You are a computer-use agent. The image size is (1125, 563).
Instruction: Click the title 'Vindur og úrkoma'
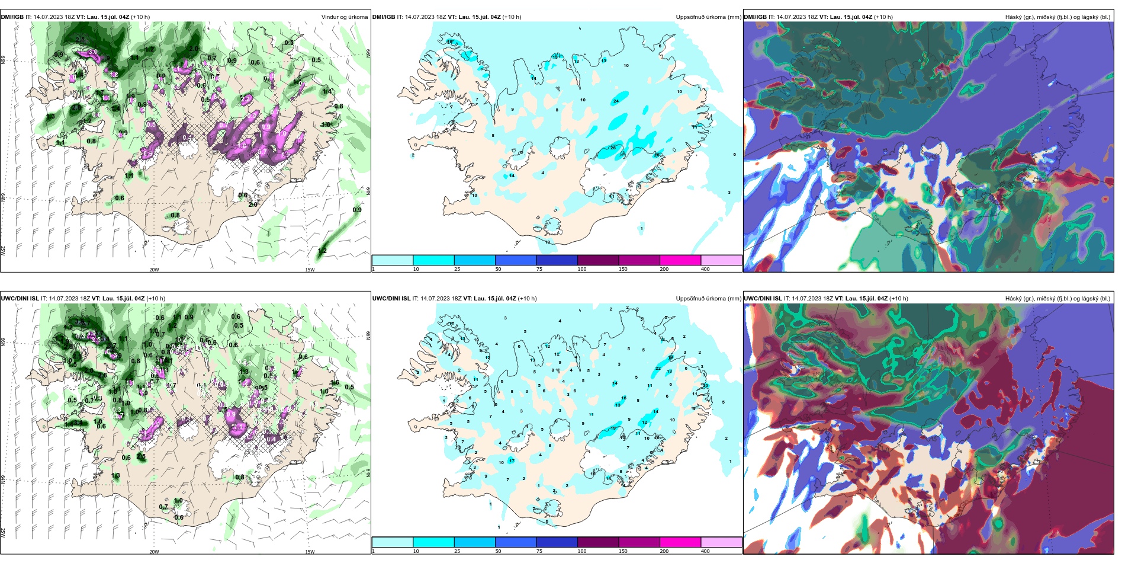tap(344, 17)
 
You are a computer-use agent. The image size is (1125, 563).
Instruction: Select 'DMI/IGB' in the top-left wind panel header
tap(12, 17)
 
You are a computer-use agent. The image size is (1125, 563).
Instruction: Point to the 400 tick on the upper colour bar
tap(705, 269)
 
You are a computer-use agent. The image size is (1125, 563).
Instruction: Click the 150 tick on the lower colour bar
tap(623, 551)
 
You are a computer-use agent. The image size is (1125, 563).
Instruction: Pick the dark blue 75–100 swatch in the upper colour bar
tap(557, 260)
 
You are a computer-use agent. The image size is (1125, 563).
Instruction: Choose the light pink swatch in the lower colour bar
tap(721, 542)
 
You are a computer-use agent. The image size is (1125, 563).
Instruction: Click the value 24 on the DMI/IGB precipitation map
tap(616, 101)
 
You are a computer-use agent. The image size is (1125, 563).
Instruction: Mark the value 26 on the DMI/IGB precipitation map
tap(613, 148)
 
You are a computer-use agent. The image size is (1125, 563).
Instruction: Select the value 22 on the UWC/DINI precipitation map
tap(658, 369)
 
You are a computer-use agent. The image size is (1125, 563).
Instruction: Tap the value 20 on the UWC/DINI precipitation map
tap(705, 385)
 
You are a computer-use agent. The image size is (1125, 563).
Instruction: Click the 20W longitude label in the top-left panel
tap(154, 270)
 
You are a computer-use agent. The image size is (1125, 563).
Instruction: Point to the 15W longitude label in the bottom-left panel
tap(310, 552)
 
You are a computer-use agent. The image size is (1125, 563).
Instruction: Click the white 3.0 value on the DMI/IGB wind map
tap(93, 53)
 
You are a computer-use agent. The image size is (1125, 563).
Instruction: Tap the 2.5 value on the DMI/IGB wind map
tap(80, 40)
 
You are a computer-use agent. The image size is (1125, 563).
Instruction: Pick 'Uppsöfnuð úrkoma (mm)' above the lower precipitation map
tap(708, 299)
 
